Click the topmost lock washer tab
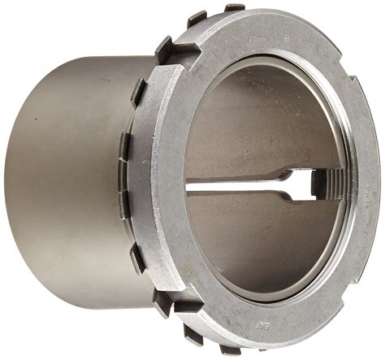(x=235, y=8)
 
